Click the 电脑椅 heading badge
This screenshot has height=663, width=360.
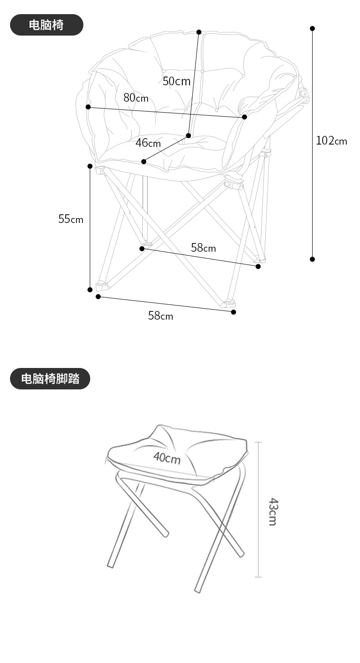46,25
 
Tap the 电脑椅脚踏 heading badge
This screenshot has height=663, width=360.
50,378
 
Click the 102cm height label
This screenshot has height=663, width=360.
331,141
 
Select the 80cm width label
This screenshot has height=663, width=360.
136,98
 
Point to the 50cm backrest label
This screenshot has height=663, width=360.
176,82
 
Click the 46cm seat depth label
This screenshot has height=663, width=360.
148,143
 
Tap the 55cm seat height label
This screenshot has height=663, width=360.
71,219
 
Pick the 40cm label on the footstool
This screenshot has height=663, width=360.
167,457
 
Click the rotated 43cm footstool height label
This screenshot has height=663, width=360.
273,512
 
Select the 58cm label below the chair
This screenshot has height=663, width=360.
160,316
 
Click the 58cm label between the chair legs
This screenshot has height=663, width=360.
203,248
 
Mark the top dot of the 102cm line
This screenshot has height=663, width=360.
313,28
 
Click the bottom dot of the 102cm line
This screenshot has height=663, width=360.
313,259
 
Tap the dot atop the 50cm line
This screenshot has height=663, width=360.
199,32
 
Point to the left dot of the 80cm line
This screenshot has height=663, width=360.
88,107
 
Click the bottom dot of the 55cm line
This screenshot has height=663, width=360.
90,290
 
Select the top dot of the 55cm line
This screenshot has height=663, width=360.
90,166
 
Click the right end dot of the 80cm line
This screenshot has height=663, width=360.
244,117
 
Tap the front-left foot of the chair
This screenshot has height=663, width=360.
101,286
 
